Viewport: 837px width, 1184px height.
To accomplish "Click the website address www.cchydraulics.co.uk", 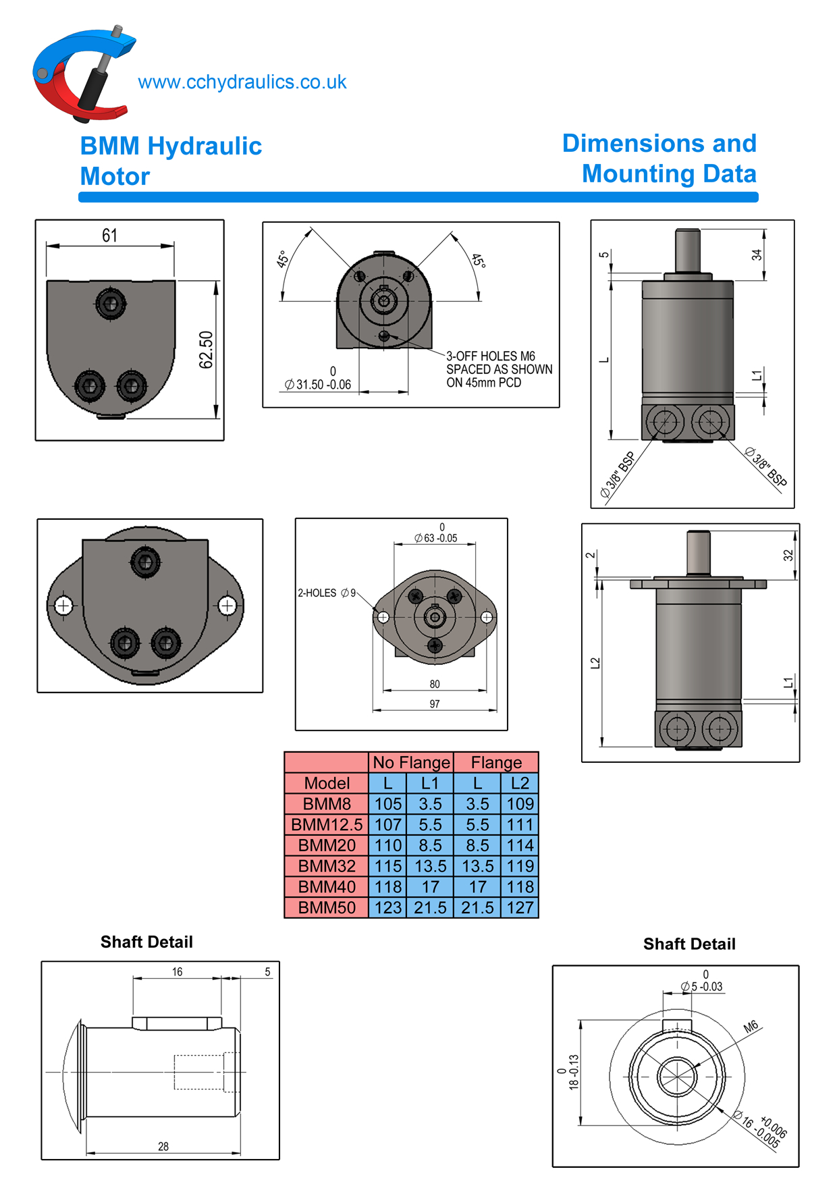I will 242,82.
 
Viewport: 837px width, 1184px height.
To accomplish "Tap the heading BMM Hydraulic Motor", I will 170,161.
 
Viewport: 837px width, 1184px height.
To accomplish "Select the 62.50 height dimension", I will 206,350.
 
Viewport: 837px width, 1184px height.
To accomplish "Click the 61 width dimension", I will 109,235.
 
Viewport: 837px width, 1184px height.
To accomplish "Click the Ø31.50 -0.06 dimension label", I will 318,384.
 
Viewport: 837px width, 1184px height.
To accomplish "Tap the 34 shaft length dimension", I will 757,254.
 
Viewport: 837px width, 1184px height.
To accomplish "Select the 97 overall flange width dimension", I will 435,704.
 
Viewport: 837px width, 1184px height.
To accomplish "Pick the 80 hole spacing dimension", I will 435,684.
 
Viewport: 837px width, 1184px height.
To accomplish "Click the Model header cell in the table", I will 327,783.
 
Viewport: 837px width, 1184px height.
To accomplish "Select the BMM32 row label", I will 327,866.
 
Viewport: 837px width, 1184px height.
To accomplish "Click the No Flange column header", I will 411,762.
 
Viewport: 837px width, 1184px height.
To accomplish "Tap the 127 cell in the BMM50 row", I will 520,908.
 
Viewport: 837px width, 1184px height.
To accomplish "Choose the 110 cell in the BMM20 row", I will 388,845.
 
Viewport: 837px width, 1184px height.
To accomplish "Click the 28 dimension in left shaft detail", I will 163,1146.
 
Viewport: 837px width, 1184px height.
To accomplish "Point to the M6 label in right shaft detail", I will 751,1027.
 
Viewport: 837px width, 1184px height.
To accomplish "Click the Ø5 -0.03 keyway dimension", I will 702,986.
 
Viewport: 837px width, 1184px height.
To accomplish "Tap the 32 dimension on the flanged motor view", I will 788,555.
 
